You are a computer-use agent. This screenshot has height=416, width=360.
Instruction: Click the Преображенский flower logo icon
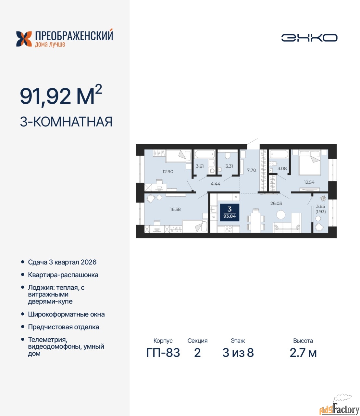pos(24,39)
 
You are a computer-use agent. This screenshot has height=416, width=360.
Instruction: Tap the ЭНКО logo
pos(309,38)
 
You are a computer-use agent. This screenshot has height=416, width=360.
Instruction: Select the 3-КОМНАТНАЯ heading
pos(66,122)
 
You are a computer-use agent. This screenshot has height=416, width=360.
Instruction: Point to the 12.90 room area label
pos(168,172)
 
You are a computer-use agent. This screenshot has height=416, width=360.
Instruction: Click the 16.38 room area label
pos(175,209)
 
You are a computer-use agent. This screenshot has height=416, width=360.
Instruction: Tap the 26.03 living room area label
pos(276,203)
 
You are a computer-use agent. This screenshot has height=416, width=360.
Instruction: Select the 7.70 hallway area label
pos(252,170)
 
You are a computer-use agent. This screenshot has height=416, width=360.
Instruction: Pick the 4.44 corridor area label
pos(215,184)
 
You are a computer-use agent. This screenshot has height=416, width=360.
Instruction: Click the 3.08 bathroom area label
pos(282,168)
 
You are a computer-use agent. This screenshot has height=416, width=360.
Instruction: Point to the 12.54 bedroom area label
pos(309,182)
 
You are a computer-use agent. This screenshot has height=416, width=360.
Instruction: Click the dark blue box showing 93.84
pos(230,212)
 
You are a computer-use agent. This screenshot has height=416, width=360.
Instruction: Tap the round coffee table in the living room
pos(281,214)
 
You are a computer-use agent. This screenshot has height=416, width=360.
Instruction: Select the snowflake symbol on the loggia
pos(323,198)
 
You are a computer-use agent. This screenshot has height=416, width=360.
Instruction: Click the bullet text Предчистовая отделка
pos(64,327)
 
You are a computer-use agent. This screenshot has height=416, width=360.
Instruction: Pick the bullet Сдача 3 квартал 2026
pos(62,262)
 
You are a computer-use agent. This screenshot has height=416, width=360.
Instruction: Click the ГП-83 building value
pos(163,353)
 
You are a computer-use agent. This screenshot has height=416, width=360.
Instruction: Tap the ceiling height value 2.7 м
pos(303,353)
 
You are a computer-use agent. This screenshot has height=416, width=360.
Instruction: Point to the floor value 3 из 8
pos(238,353)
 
